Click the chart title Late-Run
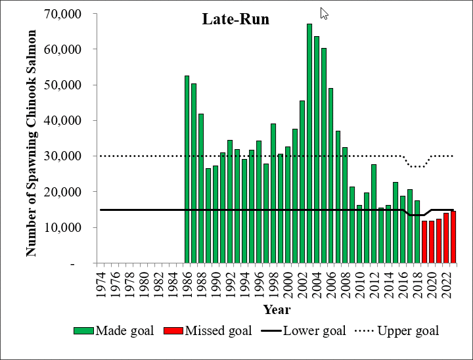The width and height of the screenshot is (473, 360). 235,19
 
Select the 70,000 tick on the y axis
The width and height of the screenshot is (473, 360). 62,14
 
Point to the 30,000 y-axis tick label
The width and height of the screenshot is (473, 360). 62,156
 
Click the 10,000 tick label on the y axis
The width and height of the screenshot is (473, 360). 62,227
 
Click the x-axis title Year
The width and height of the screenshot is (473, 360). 277,309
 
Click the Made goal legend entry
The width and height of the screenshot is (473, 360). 124,330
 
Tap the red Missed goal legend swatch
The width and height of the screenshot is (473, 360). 173,330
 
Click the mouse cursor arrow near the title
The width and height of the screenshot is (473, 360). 323,13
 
